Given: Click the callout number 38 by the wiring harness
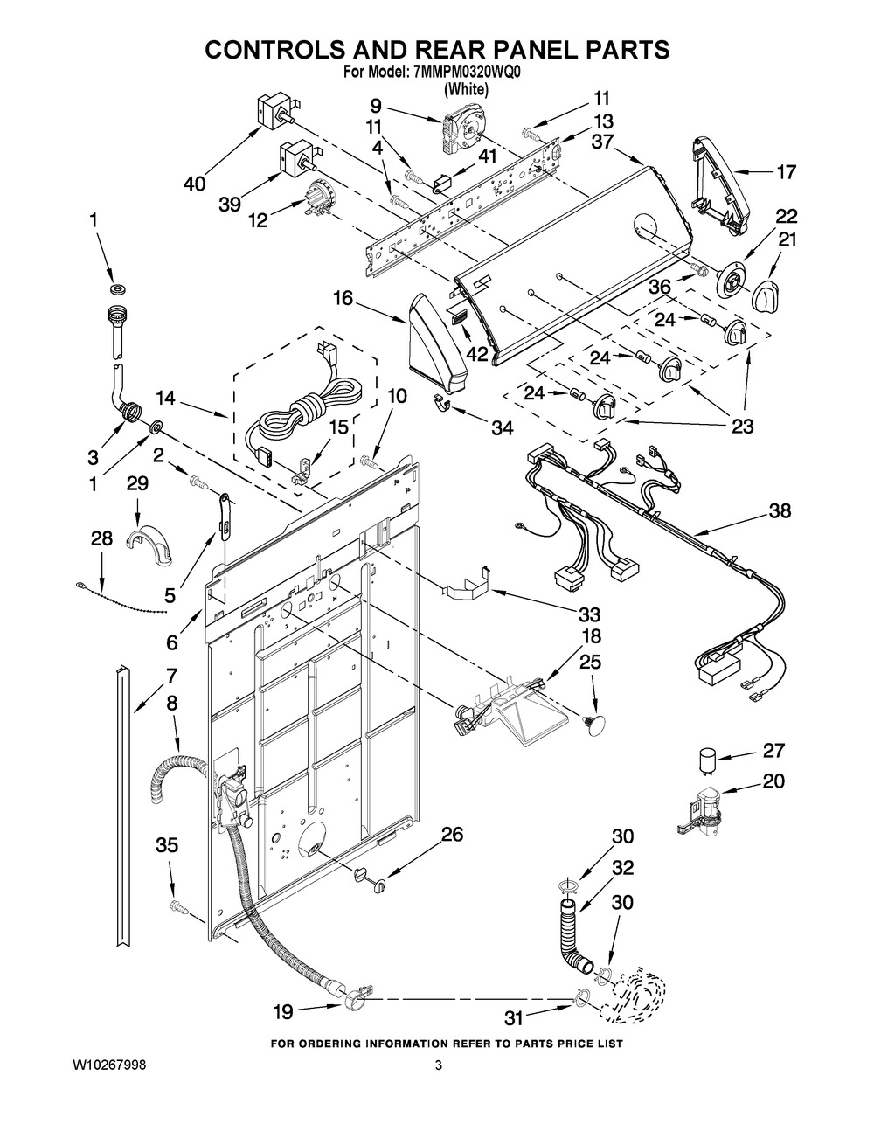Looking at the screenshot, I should [779, 511].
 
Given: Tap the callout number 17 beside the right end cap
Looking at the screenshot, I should [786, 172].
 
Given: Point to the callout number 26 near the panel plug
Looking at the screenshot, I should [451, 835].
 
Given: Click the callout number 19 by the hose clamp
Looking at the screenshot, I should [282, 1012].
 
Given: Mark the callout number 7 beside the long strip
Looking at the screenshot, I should [171, 675].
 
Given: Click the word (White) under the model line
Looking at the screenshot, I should [466, 89].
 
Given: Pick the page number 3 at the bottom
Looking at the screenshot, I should [439, 1065].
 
